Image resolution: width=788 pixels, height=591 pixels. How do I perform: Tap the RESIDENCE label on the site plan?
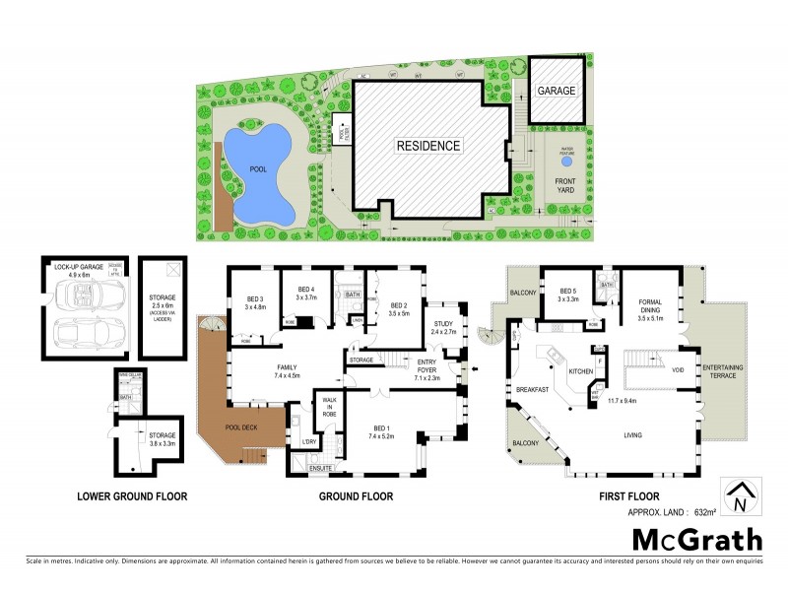(x=428, y=146)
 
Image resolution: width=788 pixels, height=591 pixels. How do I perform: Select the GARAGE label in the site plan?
(x=556, y=90)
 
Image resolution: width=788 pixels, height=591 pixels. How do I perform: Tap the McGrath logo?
(x=696, y=539)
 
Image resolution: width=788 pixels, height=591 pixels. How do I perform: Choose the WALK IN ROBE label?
(x=326, y=408)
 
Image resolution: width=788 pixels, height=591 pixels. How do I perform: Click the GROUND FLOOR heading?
(x=356, y=496)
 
